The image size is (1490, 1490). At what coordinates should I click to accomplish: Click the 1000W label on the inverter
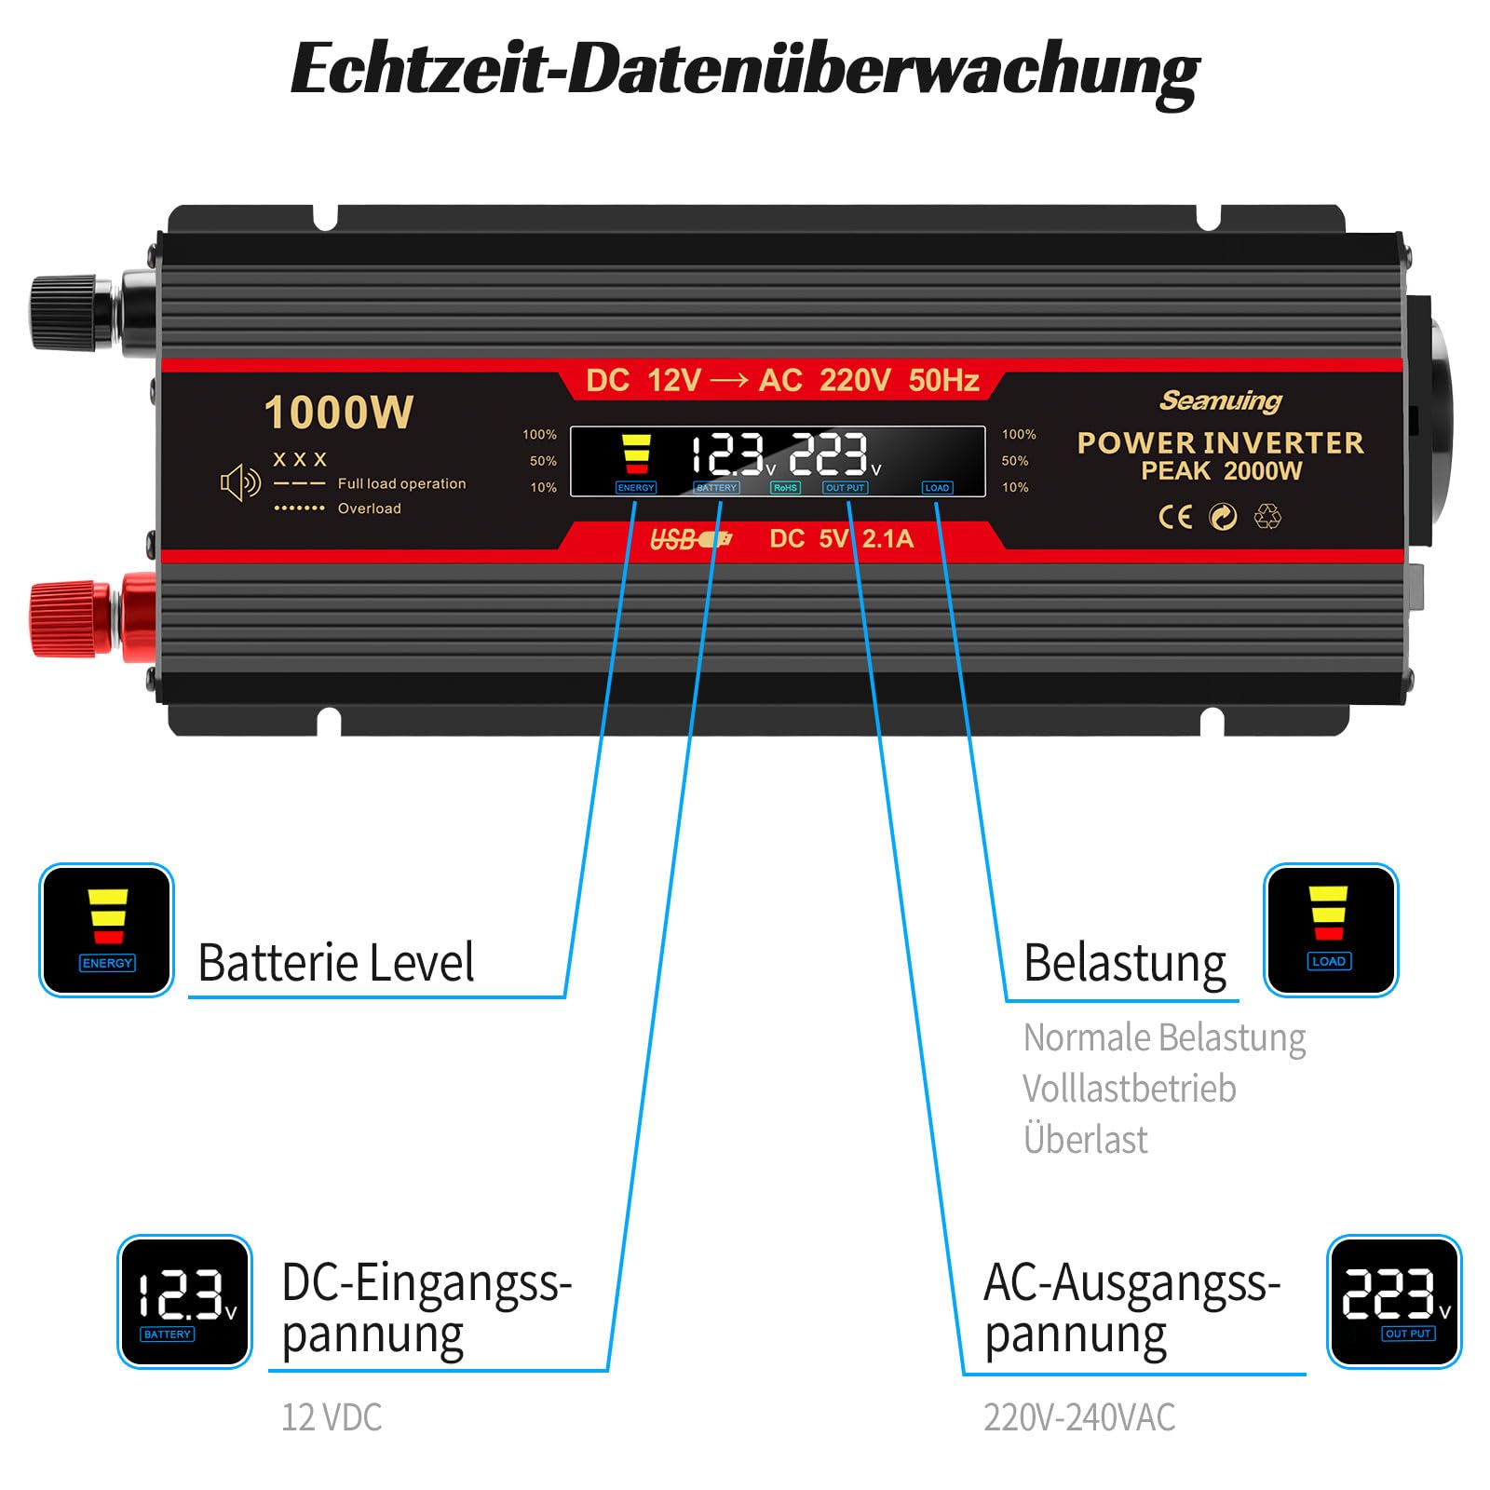339,413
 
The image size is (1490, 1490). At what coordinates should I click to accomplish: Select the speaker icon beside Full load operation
240,482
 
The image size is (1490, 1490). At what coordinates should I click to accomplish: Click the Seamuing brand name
1221,400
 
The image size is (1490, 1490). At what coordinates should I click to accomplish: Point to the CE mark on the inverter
1175,516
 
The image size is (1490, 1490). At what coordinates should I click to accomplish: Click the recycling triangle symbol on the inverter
1267,516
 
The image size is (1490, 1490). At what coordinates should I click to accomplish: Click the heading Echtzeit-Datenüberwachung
745,71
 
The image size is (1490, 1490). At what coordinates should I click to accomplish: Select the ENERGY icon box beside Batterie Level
106,930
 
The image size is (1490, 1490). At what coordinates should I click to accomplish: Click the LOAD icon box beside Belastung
1331,930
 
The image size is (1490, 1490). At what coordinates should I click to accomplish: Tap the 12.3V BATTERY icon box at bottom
184,1302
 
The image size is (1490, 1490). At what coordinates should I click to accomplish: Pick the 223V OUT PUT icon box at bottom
1394,1302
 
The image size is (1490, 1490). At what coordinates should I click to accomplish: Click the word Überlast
1085,1139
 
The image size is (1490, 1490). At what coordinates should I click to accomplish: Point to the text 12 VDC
332,1417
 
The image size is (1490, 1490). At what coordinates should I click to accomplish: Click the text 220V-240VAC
1079,1417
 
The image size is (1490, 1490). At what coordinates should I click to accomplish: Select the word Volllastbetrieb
1130,1088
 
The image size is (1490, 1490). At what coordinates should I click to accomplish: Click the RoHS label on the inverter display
785,487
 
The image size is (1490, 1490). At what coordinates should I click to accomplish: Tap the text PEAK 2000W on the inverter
1221,470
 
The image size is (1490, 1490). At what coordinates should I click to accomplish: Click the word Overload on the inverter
370,508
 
